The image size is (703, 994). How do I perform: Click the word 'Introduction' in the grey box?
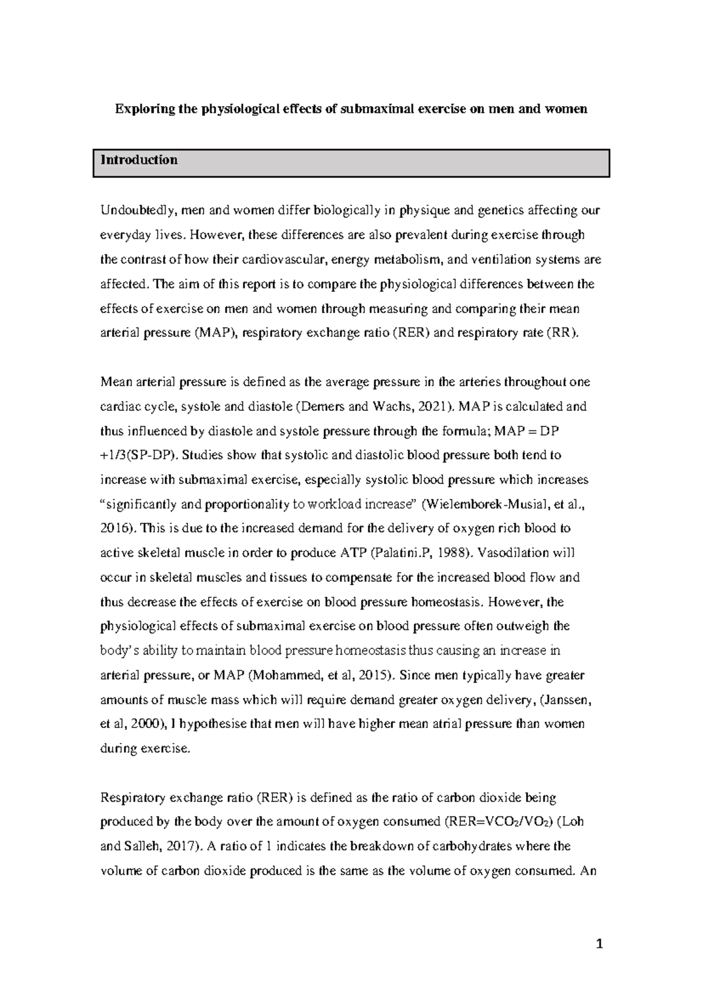pos(139,160)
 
